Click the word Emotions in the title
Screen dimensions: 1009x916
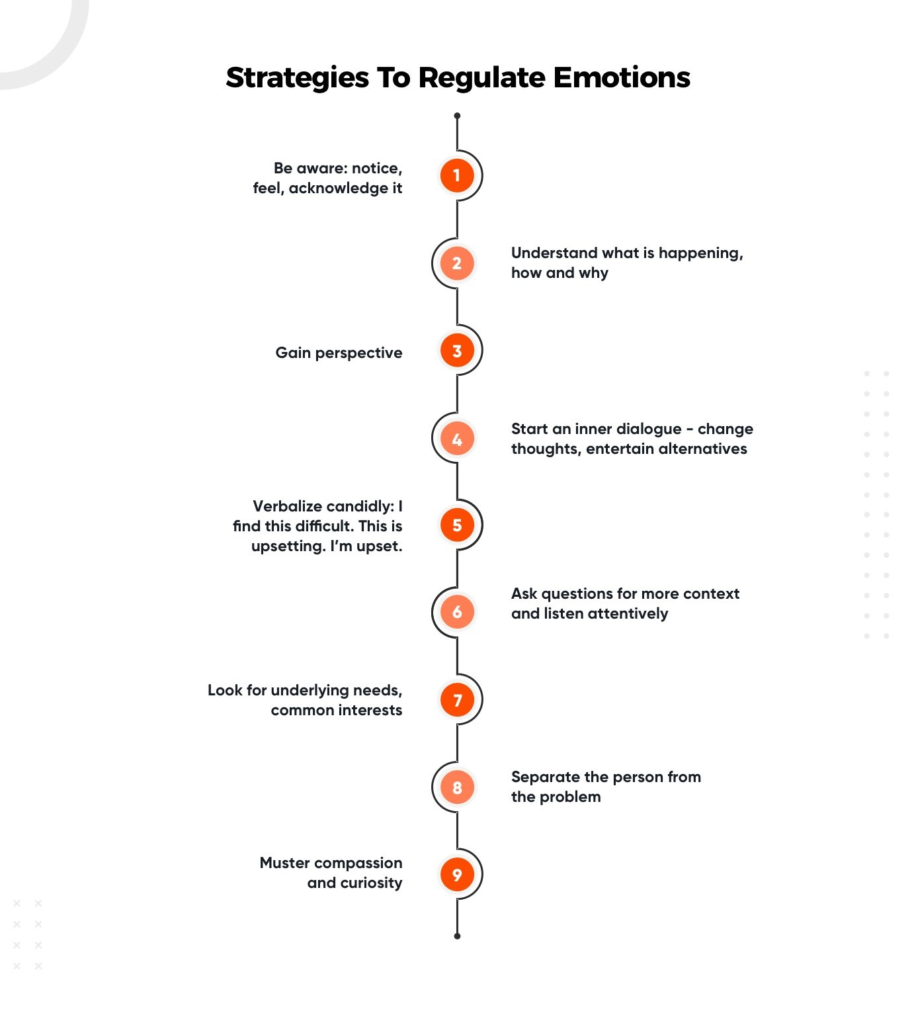click(621, 77)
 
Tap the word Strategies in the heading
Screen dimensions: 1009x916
click(297, 78)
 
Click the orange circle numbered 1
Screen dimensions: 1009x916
click(456, 175)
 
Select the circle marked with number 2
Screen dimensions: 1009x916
click(456, 263)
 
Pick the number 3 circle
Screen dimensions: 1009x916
click(456, 351)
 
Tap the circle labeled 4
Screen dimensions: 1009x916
click(456, 439)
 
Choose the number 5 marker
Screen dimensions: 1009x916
click(456, 525)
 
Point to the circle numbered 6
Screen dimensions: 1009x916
click(456, 612)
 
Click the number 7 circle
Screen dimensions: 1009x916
click(456, 699)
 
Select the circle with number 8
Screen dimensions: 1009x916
click(456, 787)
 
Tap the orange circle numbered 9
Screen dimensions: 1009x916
click(456, 875)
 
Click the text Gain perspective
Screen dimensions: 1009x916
click(339, 353)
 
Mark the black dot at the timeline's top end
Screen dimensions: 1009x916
click(457, 116)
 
